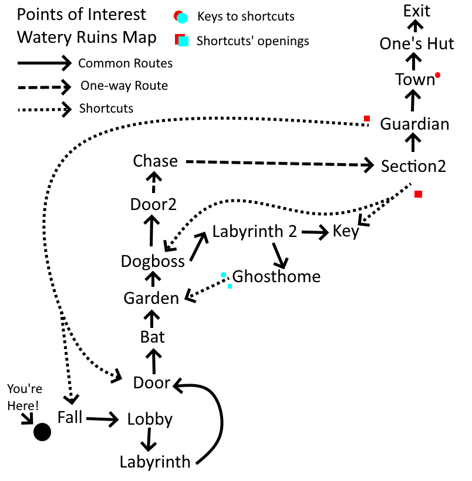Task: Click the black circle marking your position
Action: (x=42, y=432)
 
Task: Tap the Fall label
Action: (x=70, y=417)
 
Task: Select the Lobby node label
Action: (x=150, y=419)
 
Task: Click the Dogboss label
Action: (x=153, y=261)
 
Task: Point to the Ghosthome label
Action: (x=277, y=276)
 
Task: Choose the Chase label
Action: (x=155, y=161)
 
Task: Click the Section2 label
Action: (x=413, y=166)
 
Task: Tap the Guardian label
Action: (x=414, y=124)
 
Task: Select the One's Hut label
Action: (x=417, y=44)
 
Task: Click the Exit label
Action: (x=417, y=11)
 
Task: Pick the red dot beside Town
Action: (x=437, y=76)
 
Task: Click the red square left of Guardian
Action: (x=367, y=119)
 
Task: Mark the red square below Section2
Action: (x=418, y=194)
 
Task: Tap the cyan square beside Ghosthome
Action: (x=230, y=286)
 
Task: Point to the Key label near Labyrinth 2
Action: (x=346, y=231)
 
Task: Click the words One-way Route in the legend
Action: (x=124, y=86)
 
